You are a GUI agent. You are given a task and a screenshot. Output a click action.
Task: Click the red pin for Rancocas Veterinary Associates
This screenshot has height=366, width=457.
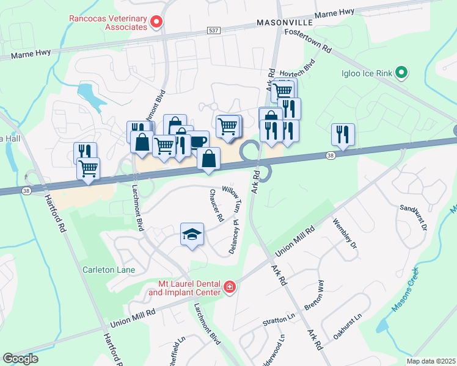156,23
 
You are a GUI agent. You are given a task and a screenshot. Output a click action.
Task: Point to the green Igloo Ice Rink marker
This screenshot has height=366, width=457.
401,73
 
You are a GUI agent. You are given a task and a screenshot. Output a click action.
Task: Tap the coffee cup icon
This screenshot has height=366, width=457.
198,141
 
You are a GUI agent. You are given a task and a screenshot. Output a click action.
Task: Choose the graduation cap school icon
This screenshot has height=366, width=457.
192,234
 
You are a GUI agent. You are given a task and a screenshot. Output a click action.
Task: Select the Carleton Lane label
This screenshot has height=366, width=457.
109,270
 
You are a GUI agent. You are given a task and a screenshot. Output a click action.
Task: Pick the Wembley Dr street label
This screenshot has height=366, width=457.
343,236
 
